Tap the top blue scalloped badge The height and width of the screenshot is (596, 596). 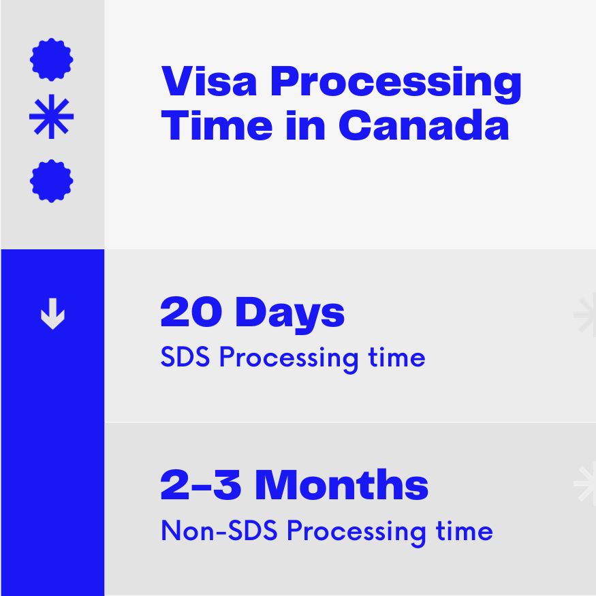click(52, 59)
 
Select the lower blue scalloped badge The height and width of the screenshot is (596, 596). click(52, 181)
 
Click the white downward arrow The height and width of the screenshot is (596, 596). click(52, 315)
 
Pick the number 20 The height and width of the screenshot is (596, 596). click(192, 313)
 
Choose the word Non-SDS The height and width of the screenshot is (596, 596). click(219, 531)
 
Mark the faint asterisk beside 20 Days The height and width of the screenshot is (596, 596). click(585, 315)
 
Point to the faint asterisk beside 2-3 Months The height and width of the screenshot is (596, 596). click(585, 485)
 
